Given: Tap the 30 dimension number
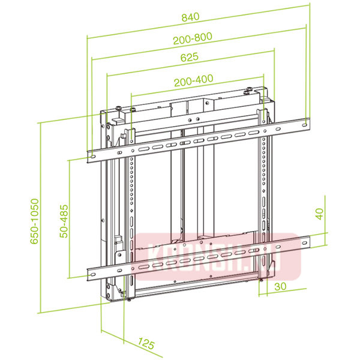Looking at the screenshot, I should (x=279, y=286).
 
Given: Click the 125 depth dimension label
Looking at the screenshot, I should (x=146, y=344).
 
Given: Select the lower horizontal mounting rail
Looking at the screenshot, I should (x=198, y=256).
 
